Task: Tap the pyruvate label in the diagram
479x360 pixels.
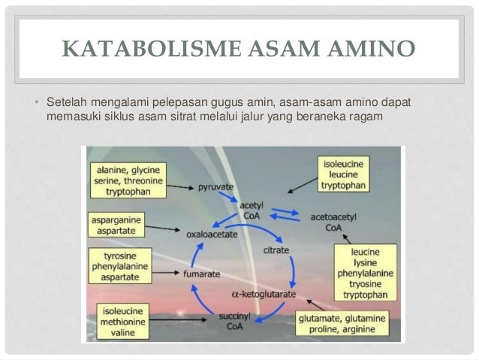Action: tap(215, 186)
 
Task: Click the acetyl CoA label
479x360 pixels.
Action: tap(250, 210)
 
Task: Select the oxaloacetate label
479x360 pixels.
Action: tap(213, 234)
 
